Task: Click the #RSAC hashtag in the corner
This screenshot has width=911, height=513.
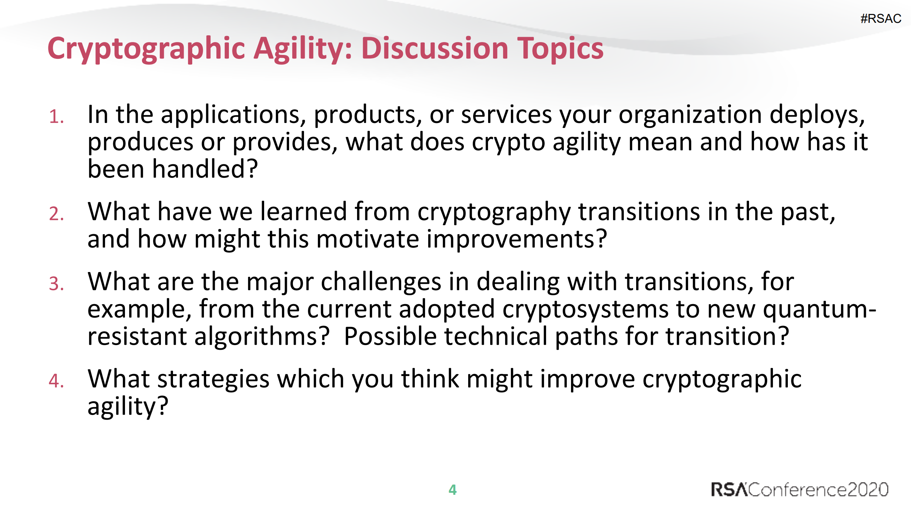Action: point(880,19)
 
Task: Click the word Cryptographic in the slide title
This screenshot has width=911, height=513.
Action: point(146,49)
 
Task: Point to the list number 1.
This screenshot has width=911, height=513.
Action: point(56,117)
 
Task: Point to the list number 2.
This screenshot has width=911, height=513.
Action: point(56,214)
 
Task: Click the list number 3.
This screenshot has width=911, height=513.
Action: point(56,284)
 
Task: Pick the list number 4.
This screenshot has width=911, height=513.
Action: point(56,381)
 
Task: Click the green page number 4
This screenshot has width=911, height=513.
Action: point(452,489)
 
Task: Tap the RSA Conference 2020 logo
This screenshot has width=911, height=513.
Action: point(799,489)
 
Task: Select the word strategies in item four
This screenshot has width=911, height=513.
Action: point(213,379)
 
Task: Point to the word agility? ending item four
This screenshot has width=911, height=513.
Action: point(127,406)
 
